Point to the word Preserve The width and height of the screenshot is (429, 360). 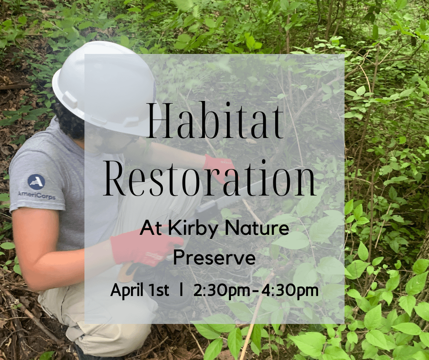pyautogui.click(x=214, y=258)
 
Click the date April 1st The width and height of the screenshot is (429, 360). pyautogui.click(x=140, y=290)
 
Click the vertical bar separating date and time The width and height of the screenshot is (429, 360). pyautogui.click(x=182, y=290)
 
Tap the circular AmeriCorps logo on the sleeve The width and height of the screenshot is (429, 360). pyautogui.click(x=36, y=181)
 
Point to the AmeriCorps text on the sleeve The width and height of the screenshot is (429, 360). pyautogui.click(x=37, y=195)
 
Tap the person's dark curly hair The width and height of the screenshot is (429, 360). pyautogui.click(x=68, y=121)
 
